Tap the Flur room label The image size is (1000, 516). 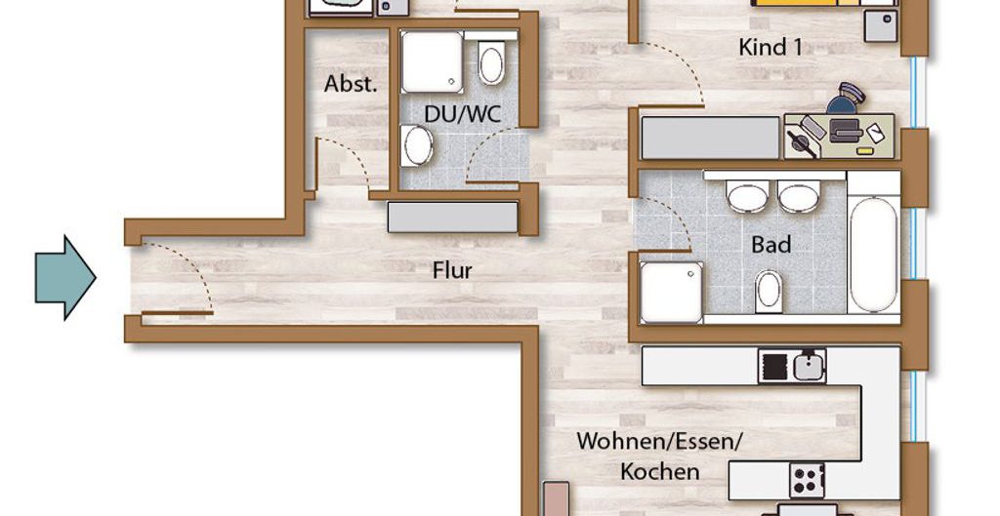(452, 270)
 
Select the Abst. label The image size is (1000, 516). (351, 84)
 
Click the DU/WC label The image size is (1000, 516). (462, 114)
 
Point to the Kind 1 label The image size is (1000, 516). (771, 47)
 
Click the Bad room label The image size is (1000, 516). (771, 245)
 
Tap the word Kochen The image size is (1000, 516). (659, 472)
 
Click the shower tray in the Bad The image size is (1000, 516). (672, 293)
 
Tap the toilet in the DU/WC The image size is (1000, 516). (491, 62)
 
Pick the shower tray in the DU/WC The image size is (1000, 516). (432, 61)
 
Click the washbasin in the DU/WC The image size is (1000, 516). (417, 145)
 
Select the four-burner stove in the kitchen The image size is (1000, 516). (808, 480)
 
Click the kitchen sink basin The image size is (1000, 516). (809, 367)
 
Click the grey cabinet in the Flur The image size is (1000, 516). (453, 218)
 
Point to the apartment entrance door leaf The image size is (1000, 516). (177, 313)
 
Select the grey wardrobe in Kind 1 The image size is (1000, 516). (710, 138)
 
